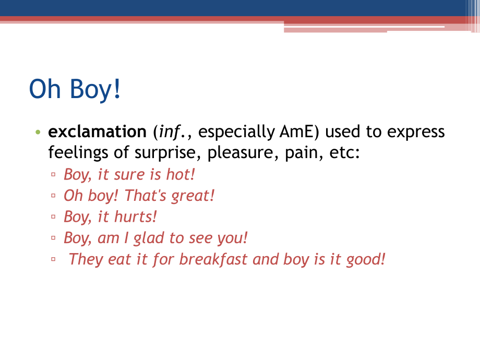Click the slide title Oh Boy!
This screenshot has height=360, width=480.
coord(75,89)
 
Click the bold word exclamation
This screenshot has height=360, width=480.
coord(98,131)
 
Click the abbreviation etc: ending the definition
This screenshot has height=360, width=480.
coord(344,153)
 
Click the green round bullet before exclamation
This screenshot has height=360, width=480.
coord(38,132)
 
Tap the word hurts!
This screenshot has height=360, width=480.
coord(135,217)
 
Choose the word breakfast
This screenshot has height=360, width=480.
coord(213,259)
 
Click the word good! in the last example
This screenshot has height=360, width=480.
coord(366,260)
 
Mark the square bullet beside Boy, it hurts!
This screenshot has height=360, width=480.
coord(53,217)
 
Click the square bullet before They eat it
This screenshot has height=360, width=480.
coord(53,259)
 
